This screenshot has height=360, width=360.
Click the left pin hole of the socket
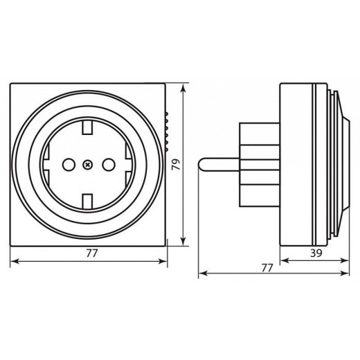[69, 165]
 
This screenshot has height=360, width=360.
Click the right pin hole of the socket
[107, 165]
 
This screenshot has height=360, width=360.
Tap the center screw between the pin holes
[88, 165]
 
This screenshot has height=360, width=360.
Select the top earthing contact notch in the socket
[88, 128]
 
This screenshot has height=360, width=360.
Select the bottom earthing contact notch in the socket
[88, 201]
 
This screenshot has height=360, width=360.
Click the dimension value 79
[176, 165]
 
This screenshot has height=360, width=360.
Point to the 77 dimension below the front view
[92, 253]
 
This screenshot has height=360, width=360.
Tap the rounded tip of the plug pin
[201, 164]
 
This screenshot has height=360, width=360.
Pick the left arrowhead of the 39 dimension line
[282, 262]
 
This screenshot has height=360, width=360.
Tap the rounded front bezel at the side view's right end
[340, 164]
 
